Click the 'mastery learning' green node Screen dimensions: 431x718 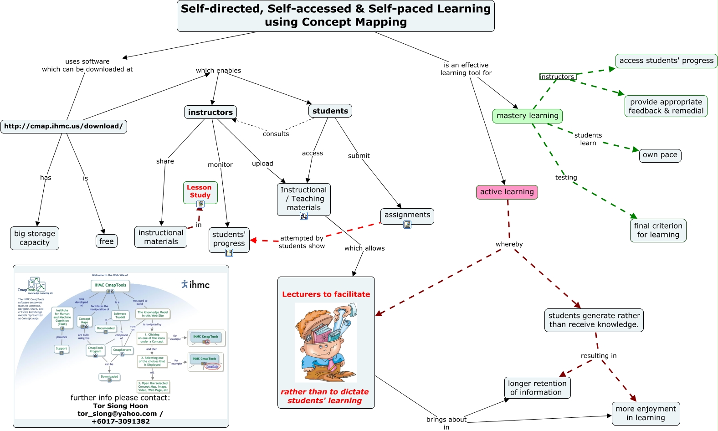pos(527,116)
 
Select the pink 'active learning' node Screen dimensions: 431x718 pos(507,192)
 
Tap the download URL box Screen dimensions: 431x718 pos(64,126)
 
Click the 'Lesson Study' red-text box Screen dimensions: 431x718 pos(200,191)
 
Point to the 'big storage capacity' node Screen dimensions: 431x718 pos(35,238)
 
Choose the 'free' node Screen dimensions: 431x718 pos(107,241)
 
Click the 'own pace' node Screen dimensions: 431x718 pos(660,155)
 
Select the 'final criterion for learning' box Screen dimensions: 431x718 pos(658,230)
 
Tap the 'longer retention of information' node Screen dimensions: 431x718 pos(537,388)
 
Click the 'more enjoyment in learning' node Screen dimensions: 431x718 pos(646,413)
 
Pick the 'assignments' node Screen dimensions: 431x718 pos(407,215)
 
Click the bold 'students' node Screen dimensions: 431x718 pos(330,111)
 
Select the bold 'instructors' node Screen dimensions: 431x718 pos(210,112)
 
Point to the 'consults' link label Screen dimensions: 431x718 pos(276,134)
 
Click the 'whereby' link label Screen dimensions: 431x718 pos(509,244)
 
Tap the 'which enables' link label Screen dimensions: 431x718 pos(218,71)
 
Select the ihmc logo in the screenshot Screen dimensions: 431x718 pos(195,284)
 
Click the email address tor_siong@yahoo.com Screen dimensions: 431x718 pos(117,414)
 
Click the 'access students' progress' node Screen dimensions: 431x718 pos(666,61)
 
